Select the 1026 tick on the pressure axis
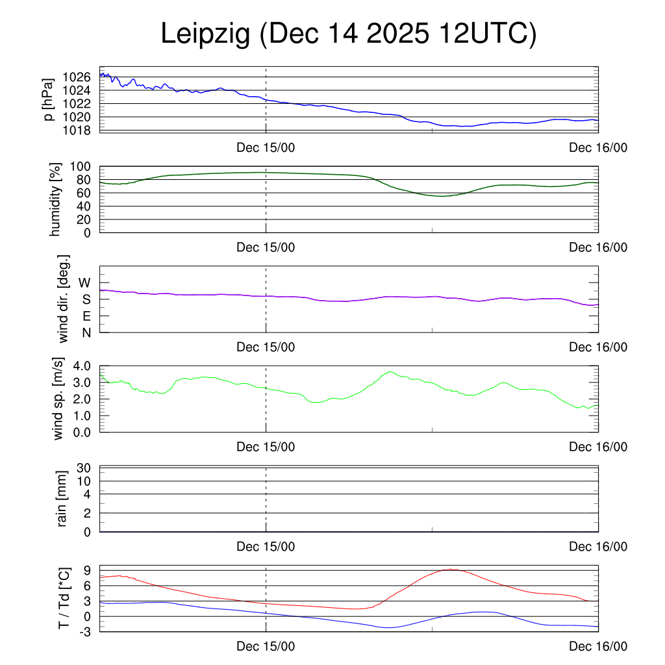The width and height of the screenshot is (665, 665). tap(77, 77)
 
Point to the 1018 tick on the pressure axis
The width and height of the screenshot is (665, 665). tap(77, 131)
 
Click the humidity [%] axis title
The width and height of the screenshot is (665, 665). tap(55, 199)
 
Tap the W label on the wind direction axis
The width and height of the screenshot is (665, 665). tap(85, 282)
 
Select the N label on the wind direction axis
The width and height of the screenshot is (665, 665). tap(86, 332)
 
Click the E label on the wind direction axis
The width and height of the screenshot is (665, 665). tap(86, 316)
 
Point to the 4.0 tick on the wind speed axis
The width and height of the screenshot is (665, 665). tap(82, 366)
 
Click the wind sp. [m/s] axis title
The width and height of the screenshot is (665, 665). tap(58, 399)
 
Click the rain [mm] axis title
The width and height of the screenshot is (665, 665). tap(62, 499)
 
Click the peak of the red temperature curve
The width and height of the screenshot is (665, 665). tap(449, 570)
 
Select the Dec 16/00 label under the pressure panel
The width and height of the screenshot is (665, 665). tap(598, 147)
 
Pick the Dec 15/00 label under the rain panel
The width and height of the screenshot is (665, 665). tap(266, 547)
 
